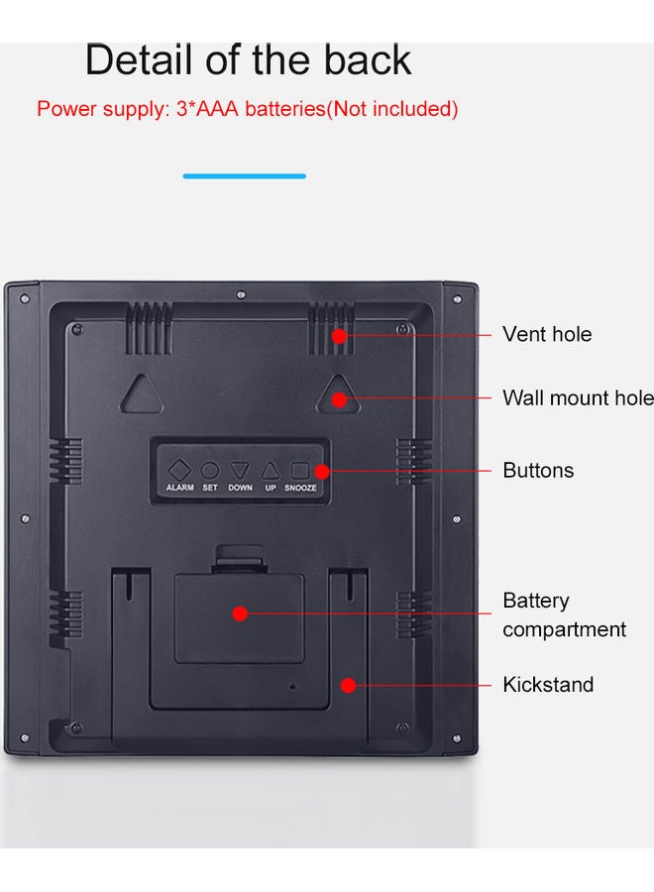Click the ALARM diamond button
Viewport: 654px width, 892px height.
coord(179,471)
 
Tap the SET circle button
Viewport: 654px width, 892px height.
coord(210,471)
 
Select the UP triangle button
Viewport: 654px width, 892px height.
coord(271,471)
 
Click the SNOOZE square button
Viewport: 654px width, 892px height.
coord(299,470)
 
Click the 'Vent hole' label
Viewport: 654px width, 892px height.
coord(547,334)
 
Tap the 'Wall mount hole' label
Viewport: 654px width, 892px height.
coord(579,397)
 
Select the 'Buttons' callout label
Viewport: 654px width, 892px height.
coord(538,471)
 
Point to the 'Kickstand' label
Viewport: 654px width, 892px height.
coord(548,684)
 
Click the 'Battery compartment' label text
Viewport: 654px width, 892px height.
coord(564,614)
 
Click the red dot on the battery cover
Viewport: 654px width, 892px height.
coord(240,613)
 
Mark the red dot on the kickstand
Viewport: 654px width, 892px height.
coord(349,685)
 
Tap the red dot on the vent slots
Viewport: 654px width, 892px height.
coord(339,336)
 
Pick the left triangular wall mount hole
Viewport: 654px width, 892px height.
coord(142,394)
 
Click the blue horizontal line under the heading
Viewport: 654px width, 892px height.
coord(245,176)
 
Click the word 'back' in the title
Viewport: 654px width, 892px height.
coord(368,59)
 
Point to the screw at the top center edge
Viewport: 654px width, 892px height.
coord(241,294)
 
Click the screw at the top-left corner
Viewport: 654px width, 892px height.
coord(25,298)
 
